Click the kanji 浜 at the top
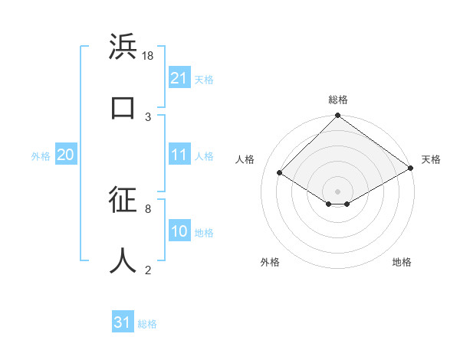(x=123, y=47)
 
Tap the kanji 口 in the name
(x=123, y=107)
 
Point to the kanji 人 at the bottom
(x=123, y=260)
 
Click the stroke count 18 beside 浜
(x=149, y=56)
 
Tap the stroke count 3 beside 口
(x=148, y=116)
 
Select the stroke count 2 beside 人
(x=148, y=270)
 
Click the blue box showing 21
(x=179, y=78)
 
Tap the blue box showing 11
(x=179, y=155)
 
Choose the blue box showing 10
(x=179, y=231)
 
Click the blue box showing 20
(x=65, y=155)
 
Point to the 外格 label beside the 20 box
(x=41, y=155)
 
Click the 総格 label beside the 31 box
(x=147, y=324)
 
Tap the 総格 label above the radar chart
(x=337, y=100)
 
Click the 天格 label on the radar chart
(x=431, y=159)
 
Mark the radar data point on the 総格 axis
(x=337, y=116)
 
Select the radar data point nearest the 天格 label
(x=411, y=169)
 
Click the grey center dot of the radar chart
(x=337, y=191)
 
